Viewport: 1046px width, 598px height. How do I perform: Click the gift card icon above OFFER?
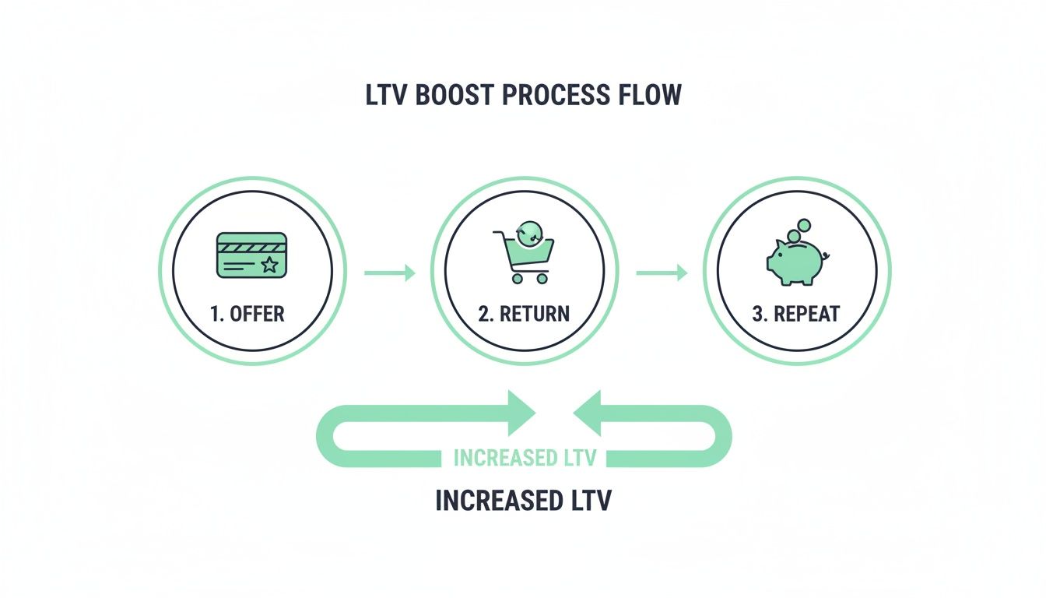(x=251, y=255)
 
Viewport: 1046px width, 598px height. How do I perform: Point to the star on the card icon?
(x=269, y=266)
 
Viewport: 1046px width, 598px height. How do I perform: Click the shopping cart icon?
(x=523, y=257)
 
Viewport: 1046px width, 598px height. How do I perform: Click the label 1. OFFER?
(x=247, y=315)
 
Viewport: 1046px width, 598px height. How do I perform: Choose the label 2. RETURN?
(x=524, y=315)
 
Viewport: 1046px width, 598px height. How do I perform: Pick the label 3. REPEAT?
(x=796, y=315)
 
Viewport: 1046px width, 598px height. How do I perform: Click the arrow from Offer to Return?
(x=389, y=273)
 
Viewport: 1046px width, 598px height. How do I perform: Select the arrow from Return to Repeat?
(x=662, y=273)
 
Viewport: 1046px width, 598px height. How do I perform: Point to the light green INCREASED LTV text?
(x=524, y=458)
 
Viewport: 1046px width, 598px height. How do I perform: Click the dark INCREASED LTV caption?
(x=523, y=501)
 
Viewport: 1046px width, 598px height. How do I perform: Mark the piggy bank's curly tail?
(x=826, y=255)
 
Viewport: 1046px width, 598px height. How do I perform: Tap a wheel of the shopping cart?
(x=514, y=279)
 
